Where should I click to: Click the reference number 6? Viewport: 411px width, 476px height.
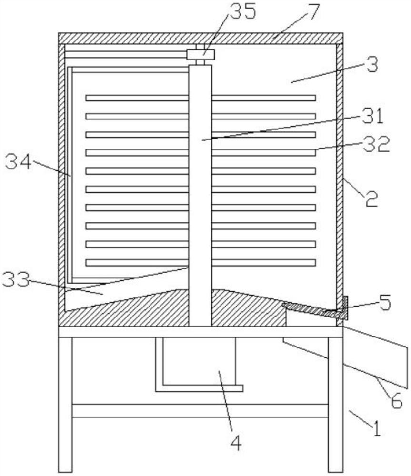(396, 402)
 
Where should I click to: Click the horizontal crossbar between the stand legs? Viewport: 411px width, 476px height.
(200, 410)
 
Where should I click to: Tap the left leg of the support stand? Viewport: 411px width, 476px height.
(65, 405)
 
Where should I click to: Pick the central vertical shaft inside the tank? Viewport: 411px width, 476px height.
(200, 190)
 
